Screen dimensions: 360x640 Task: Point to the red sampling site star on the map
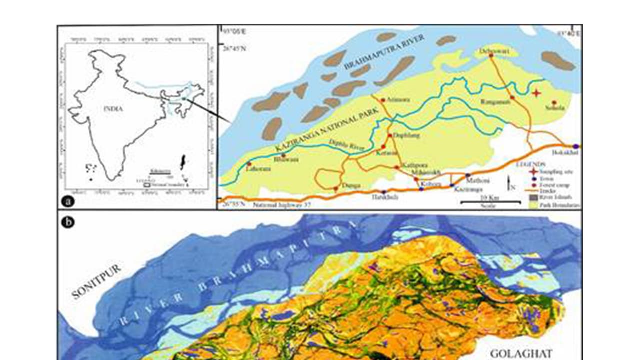tap(536, 93)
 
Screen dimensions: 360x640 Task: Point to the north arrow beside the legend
tap(508, 183)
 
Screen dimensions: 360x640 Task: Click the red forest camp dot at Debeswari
tap(491, 55)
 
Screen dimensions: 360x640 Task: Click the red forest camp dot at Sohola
tap(554, 102)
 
